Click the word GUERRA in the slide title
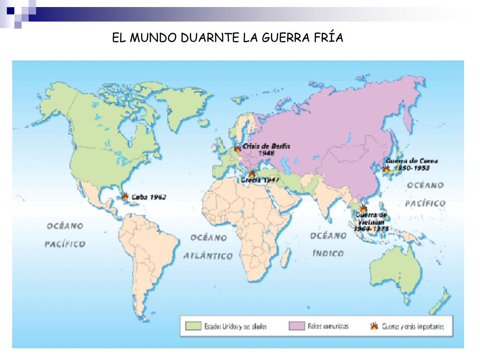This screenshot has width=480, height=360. click(281, 38)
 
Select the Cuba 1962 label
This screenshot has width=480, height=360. click(150, 197)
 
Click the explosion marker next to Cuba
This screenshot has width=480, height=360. click(126, 197)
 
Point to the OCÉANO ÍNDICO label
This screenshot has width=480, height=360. click(328, 244)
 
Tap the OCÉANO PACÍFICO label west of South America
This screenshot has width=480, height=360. click(65, 235)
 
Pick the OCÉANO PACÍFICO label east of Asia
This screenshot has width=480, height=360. click(425, 195)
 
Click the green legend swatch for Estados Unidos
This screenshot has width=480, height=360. click(193, 326)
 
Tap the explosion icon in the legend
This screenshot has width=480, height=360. click(374, 326)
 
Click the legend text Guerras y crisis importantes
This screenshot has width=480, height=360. click(412, 326)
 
